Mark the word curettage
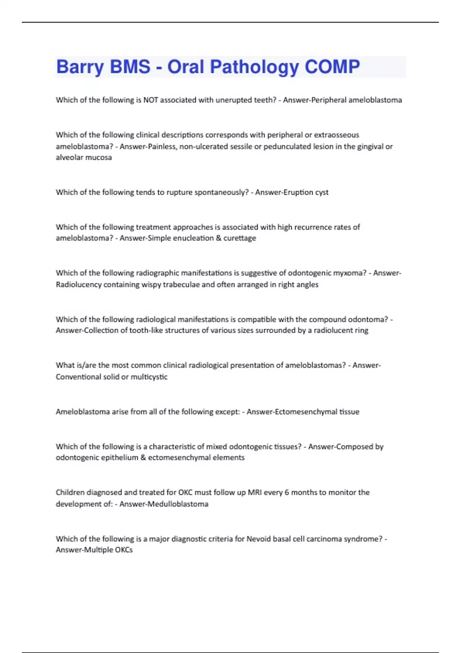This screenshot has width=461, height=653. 240,238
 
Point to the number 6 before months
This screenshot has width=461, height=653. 287,492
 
